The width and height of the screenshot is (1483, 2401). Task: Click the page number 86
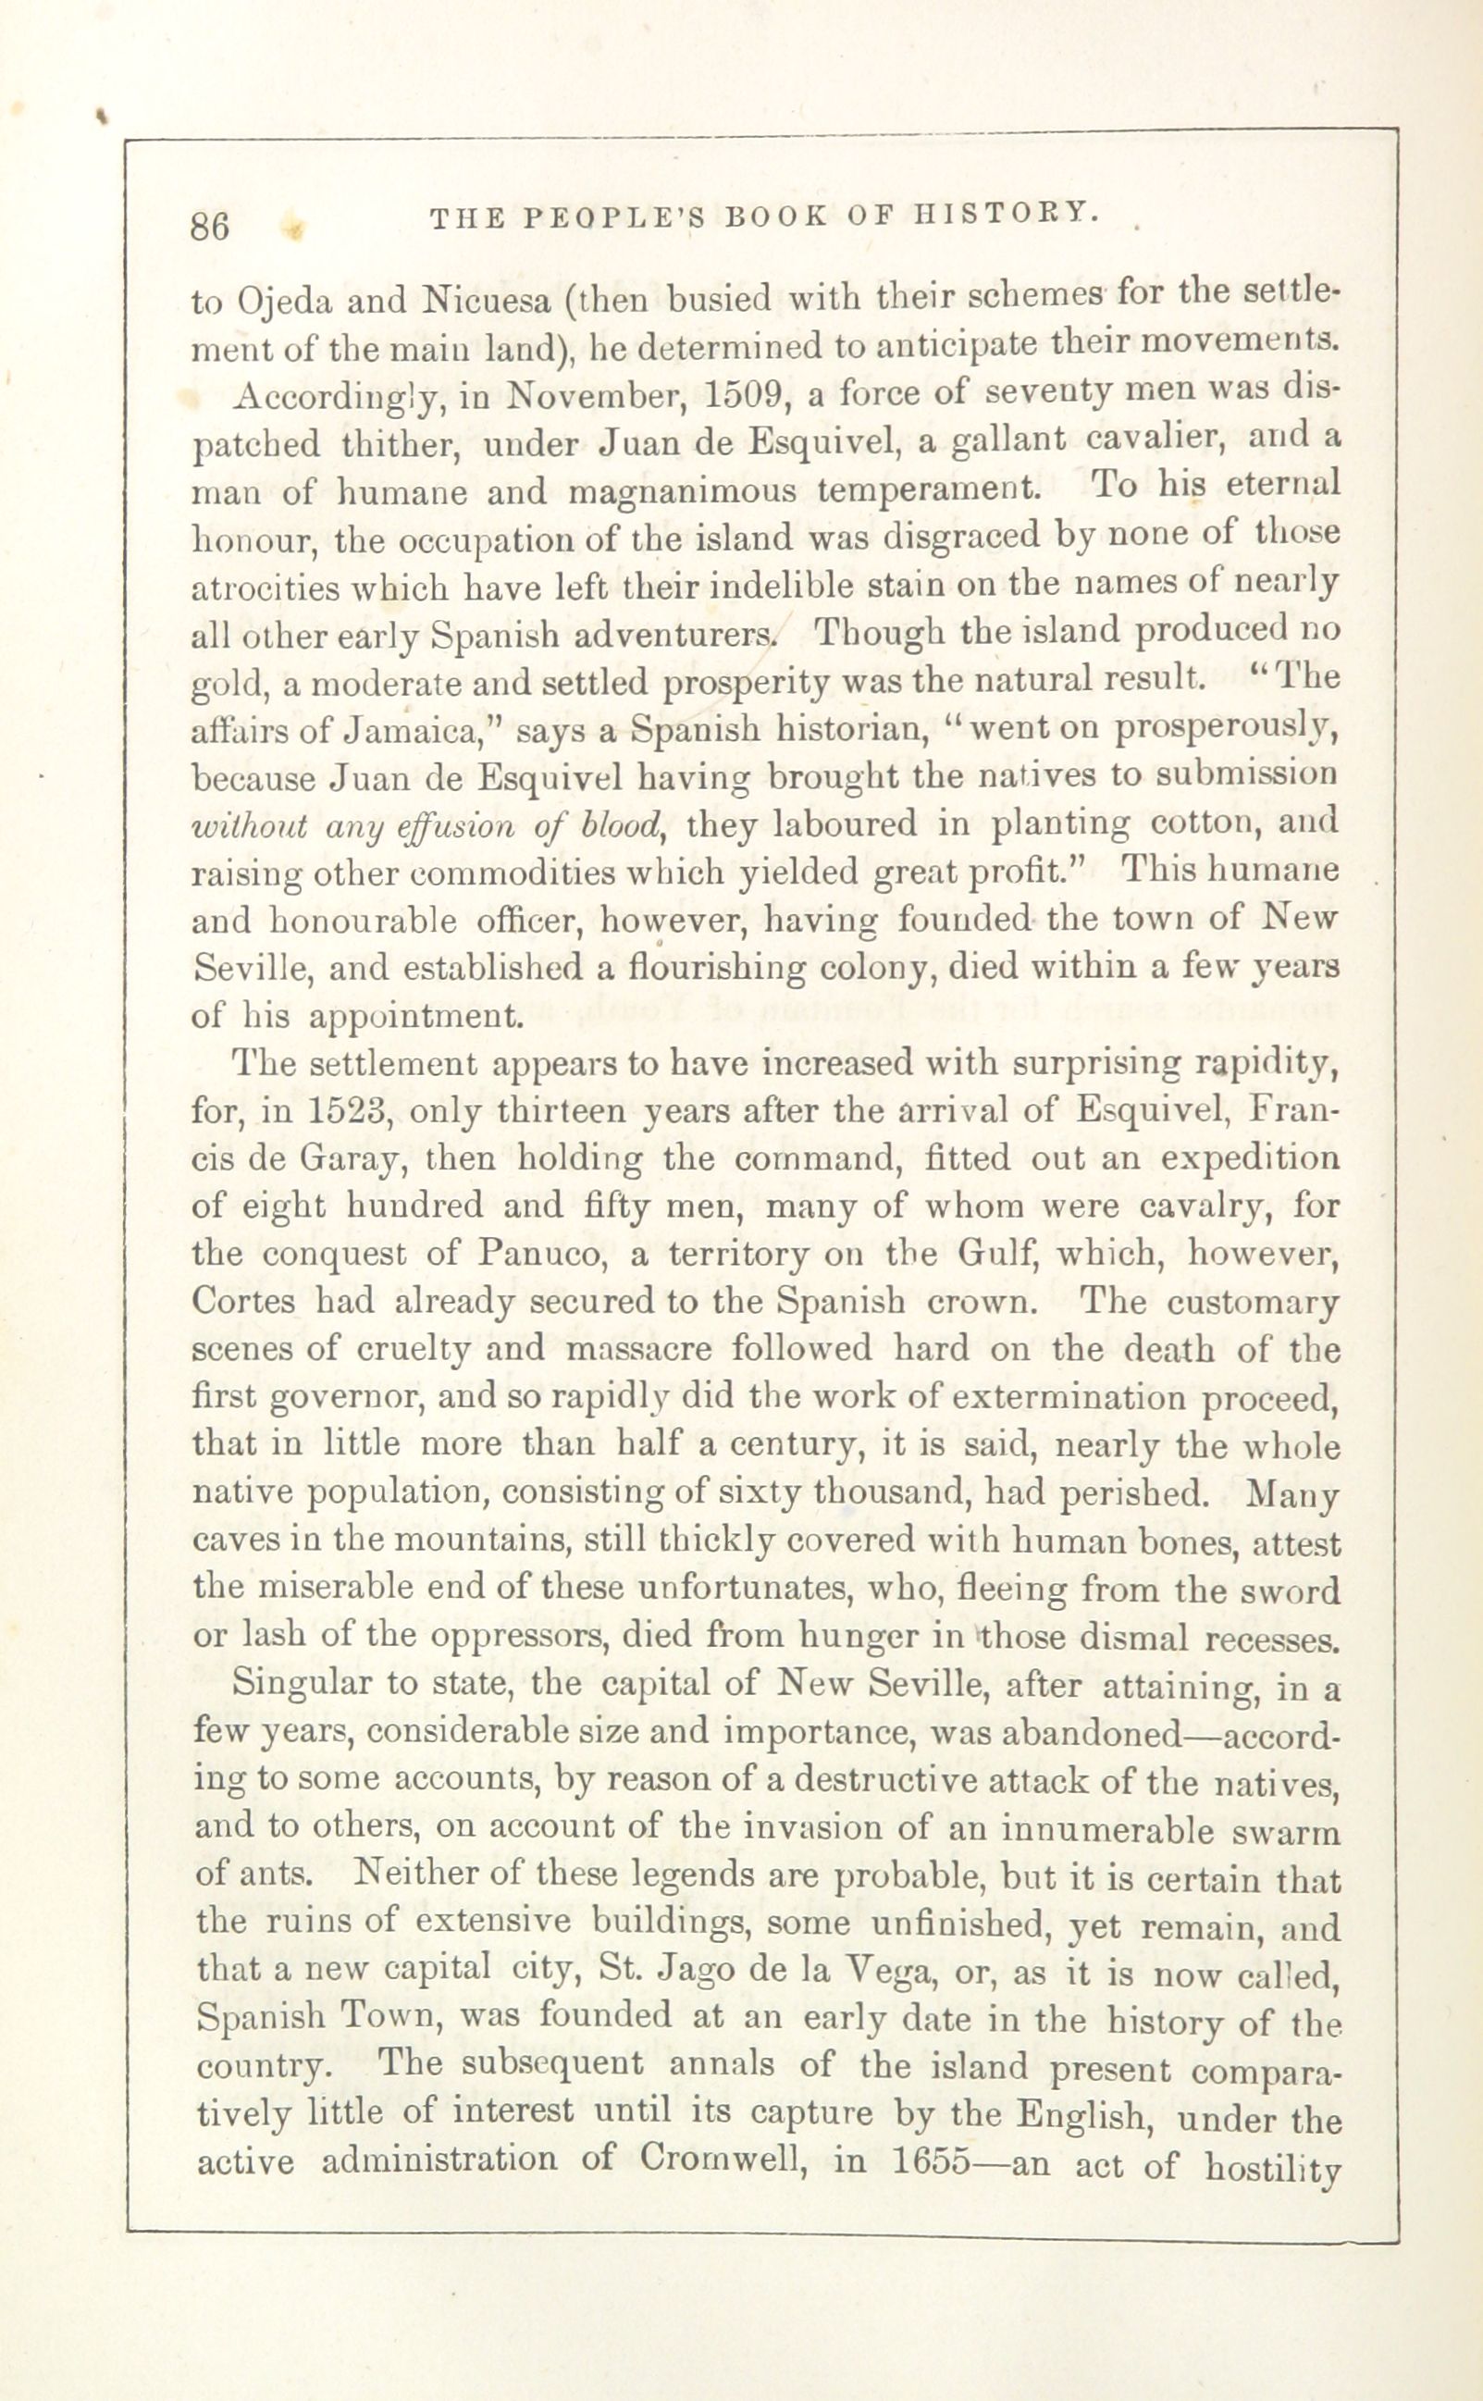pos(210,226)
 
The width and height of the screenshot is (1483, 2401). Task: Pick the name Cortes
pos(245,1301)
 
